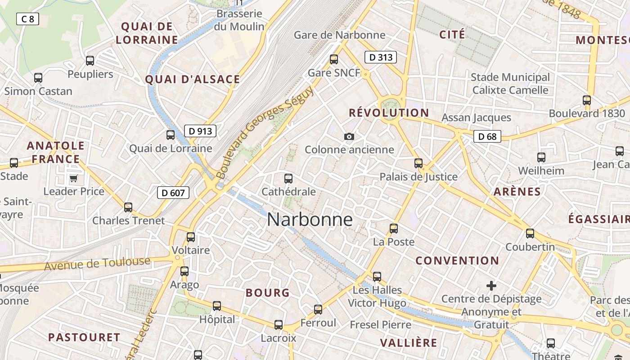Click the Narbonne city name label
310,220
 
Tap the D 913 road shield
200,131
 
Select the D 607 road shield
173,193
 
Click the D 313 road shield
380,57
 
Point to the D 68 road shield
487,136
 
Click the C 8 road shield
28,19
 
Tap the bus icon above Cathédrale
288,179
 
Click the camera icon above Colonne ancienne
349,136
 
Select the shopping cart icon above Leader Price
73,179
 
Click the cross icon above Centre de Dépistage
491,286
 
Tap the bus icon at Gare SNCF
334,59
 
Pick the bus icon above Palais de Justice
418,163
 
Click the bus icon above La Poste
394,229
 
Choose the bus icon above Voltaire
191,237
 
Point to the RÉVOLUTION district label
389,112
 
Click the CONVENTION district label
457,261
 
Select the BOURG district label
267,293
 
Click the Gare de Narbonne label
339,35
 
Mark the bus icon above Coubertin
530,234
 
